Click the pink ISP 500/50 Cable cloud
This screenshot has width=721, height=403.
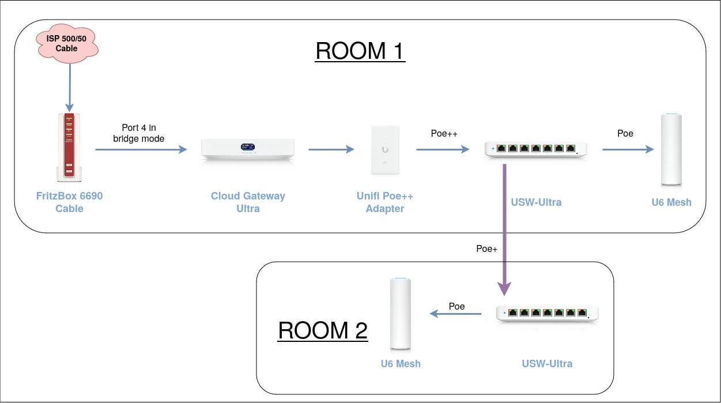tap(66, 44)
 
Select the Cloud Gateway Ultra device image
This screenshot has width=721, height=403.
tap(248, 150)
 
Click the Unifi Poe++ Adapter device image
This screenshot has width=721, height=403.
tap(385, 149)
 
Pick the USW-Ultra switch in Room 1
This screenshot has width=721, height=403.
tap(536, 149)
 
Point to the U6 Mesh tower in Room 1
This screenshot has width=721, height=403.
tap(671, 149)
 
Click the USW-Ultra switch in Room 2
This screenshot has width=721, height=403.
tap(547, 314)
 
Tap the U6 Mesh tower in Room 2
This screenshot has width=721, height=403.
tap(401, 314)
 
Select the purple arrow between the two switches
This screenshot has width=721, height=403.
tap(505, 231)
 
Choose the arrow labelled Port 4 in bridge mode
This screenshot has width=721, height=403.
tap(141, 150)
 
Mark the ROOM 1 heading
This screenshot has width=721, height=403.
tap(360, 51)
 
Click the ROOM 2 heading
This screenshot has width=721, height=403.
tap(323, 331)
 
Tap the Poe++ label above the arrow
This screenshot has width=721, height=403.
tap(444, 134)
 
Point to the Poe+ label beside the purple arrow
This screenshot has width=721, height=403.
tap(486, 249)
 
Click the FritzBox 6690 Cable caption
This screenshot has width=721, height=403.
tap(69, 202)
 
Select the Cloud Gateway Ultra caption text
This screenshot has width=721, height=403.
tap(248, 202)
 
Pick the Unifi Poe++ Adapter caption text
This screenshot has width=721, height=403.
tap(385, 202)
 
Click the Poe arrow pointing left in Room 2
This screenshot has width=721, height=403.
tap(456, 314)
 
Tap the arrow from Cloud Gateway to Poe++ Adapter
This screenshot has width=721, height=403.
tap(331, 150)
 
